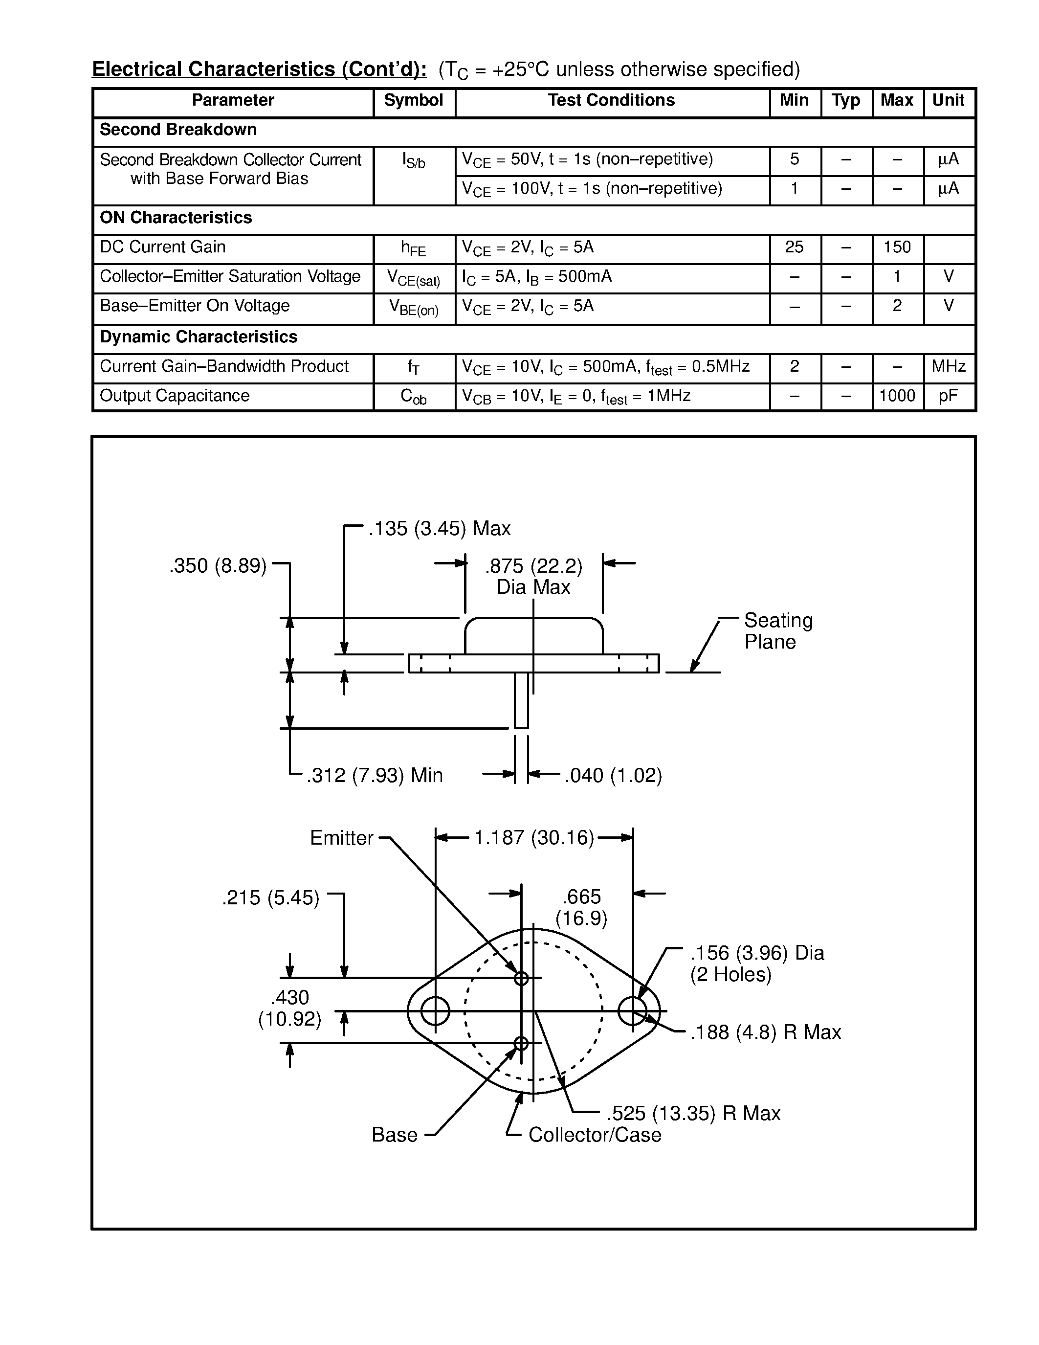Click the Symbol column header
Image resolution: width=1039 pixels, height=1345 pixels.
(x=414, y=100)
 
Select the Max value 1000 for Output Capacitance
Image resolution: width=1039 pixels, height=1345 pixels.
(x=897, y=396)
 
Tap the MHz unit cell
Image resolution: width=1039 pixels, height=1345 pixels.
(x=949, y=367)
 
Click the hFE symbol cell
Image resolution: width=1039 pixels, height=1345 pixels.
(x=414, y=248)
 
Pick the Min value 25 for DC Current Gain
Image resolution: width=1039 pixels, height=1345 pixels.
(x=794, y=247)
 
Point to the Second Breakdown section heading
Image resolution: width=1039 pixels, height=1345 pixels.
(x=178, y=130)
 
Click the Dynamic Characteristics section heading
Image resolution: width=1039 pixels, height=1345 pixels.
(x=198, y=337)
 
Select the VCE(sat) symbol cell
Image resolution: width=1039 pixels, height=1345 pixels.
(x=414, y=278)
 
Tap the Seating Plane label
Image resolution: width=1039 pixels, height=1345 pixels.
(x=778, y=631)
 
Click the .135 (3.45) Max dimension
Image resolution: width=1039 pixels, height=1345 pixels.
(x=440, y=528)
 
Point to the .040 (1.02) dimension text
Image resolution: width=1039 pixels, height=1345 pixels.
(x=613, y=775)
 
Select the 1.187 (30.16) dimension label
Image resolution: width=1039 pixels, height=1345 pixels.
(x=533, y=837)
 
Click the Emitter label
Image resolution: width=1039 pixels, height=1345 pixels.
(x=342, y=838)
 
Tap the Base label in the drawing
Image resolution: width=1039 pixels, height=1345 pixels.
(x=395, y=1135)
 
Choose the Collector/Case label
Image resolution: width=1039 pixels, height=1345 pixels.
(x=595, y=1135)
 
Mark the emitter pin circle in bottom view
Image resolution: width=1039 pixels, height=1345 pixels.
(x=521, y=978)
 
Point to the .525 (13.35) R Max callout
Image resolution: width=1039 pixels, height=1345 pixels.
(x=693, y=1114)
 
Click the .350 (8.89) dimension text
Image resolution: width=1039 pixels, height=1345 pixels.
(x=218, y=566)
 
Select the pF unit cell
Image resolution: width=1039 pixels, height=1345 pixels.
(x=949, y=396)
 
